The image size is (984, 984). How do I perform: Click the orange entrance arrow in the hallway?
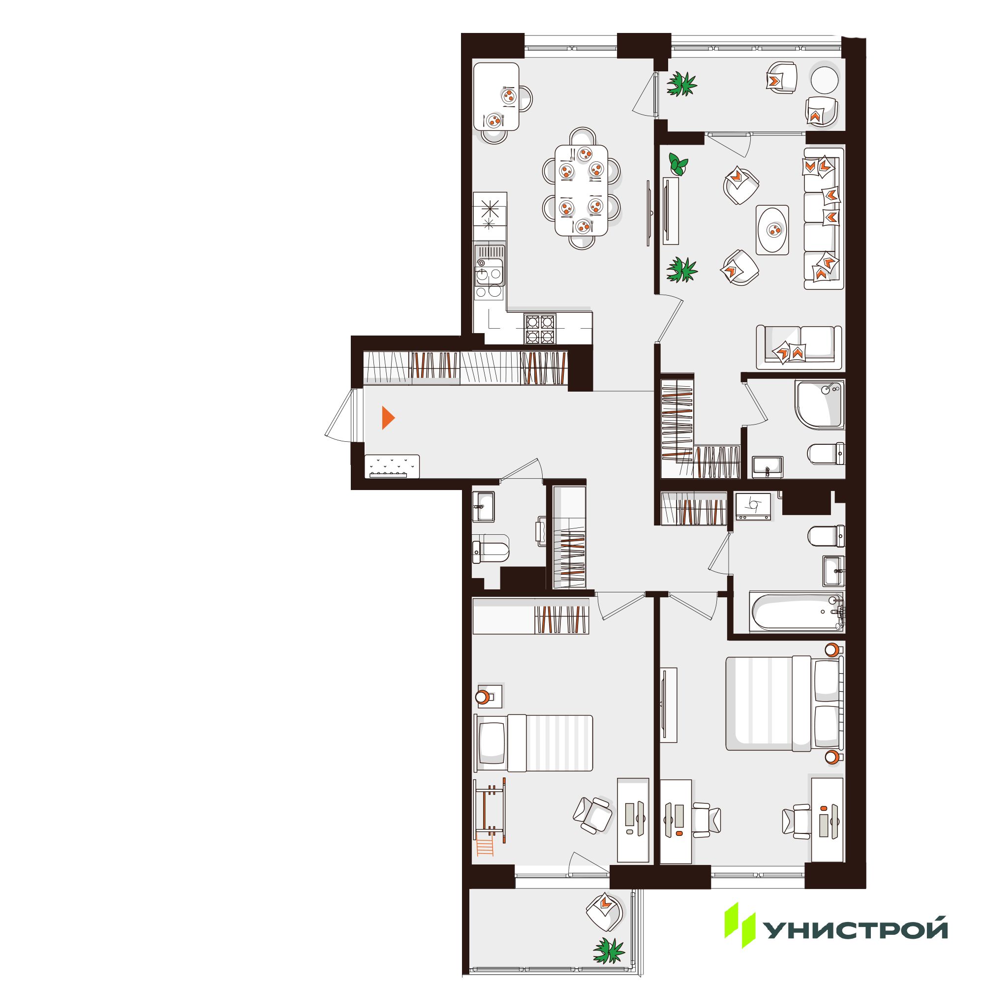pos(388,418)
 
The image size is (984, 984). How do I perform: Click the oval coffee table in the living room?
pos(772,230)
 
